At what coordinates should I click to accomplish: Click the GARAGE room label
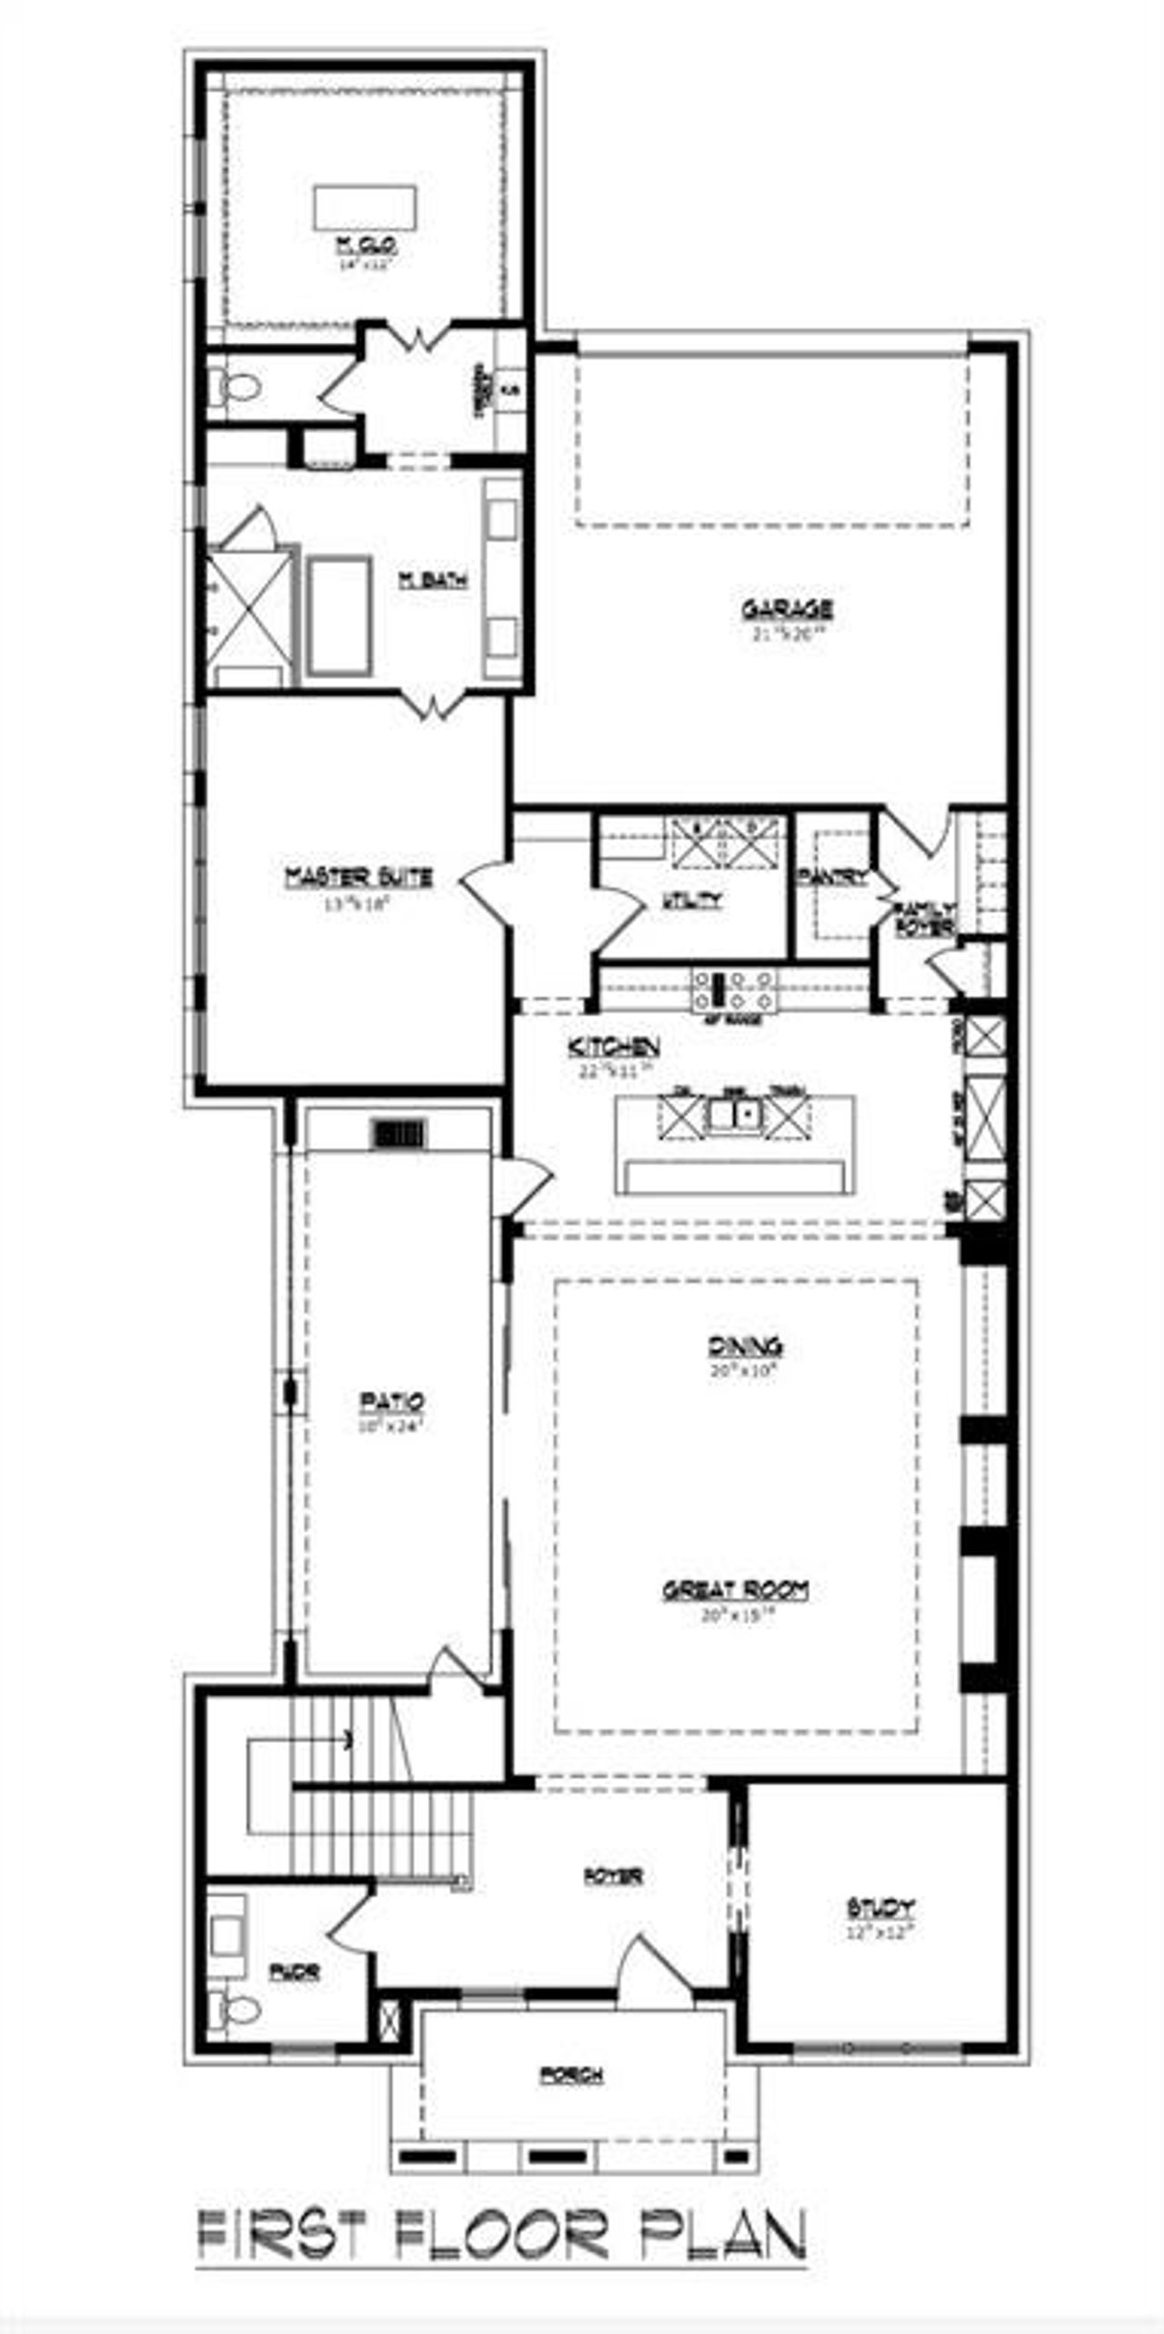click(x=787, y=608)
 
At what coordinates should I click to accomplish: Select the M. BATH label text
click(x=434, y=579)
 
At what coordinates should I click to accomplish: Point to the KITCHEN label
click(x=614, y=1046)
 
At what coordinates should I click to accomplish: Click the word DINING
click(x=745, y=1346)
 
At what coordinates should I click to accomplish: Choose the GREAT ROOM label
click(x=736, y=1589)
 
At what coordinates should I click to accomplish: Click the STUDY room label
click(x=880, y=1907)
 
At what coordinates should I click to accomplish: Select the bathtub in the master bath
click(x=339, y=616)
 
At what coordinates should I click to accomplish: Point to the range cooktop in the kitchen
click(x=734, y=990)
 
